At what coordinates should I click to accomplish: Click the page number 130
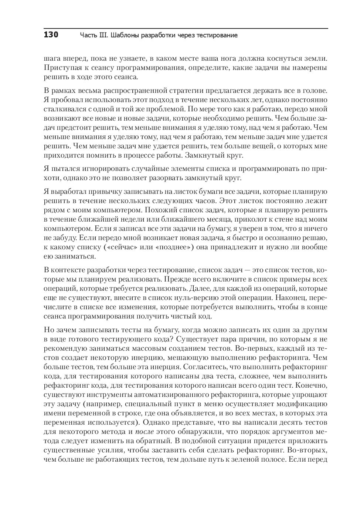tap(51, 35)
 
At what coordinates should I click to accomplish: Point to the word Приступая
tap(62, 68)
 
